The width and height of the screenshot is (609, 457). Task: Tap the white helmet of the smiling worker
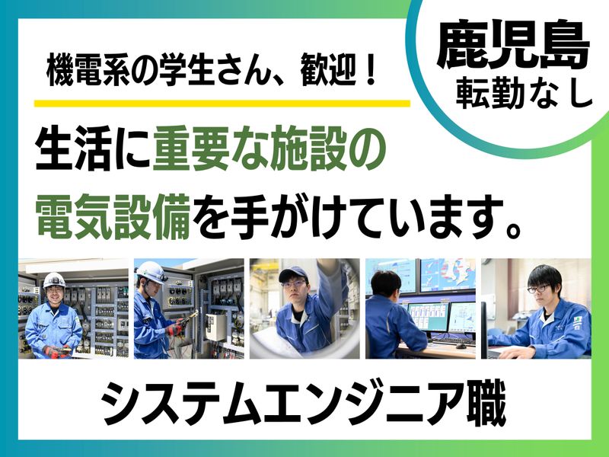pyautogui.click(x=54, y=280)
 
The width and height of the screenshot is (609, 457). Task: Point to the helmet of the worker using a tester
pyautogui.click(x=150, y=270)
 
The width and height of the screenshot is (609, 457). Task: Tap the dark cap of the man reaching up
pyautogui.click(x=292, y=273)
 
